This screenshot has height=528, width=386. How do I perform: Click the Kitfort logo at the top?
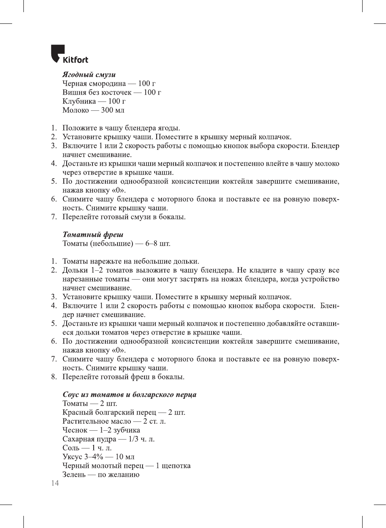point(69,55)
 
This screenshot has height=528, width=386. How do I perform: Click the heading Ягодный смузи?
point(89,74)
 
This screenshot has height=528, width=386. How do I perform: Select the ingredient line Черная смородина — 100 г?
point(109,84)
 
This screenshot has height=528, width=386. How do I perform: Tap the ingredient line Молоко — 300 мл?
point(93,110)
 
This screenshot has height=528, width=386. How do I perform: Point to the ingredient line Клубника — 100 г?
point(94,101)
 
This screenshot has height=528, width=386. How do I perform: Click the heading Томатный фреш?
point(93,234)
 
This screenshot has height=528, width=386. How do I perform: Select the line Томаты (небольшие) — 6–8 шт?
point(116,244)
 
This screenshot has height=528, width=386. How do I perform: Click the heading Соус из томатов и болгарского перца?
point(129,394)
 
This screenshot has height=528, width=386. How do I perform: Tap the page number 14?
point(55,483)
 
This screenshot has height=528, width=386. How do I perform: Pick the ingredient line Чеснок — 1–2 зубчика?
point(101,430)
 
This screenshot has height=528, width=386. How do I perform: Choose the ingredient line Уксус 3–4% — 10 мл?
point(98,457)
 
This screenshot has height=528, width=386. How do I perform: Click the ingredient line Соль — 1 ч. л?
point(87,448)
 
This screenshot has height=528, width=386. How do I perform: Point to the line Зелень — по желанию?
point(101,475)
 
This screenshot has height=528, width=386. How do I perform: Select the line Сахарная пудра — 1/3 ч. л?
point(108,439)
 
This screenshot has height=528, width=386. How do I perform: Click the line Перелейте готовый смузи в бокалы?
point(124,217)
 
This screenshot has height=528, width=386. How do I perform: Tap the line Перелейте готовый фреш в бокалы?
point(123,377)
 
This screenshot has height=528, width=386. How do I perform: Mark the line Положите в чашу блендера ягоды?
point(121,128)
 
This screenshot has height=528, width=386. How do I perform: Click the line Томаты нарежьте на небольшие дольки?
point(130,261)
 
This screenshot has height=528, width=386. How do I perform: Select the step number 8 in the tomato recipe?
point(54,377)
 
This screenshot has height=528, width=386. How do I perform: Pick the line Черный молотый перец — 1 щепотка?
point(126,466)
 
